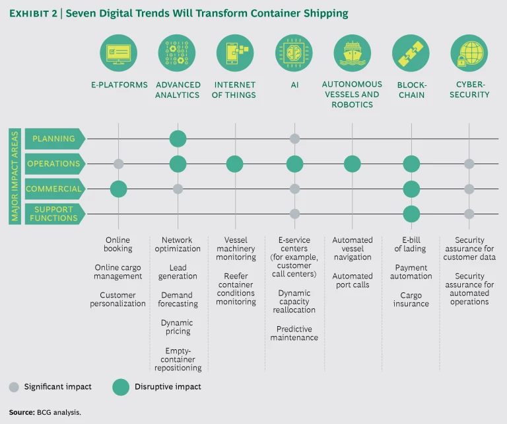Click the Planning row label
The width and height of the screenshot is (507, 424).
point(53,139)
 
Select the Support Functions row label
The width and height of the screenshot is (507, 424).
point(53,214)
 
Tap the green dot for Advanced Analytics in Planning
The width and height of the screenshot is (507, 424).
point(178,139)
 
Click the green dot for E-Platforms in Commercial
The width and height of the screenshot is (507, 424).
point(119,189)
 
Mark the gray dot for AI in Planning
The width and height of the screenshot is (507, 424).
point(294,139)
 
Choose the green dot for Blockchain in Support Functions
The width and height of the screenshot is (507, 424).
point(411,214)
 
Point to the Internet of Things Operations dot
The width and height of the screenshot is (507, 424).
point(236,164)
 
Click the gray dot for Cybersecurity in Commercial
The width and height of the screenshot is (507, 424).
point(469,189)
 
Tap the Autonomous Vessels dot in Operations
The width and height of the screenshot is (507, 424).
point(353,164)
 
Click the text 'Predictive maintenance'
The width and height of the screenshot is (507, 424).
point(294,333)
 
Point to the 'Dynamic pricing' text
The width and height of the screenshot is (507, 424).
point(178,327)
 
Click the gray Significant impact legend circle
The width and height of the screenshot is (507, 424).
point(14,386)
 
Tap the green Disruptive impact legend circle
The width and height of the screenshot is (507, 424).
point(121,386)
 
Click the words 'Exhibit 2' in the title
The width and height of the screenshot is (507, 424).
point(33,13)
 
